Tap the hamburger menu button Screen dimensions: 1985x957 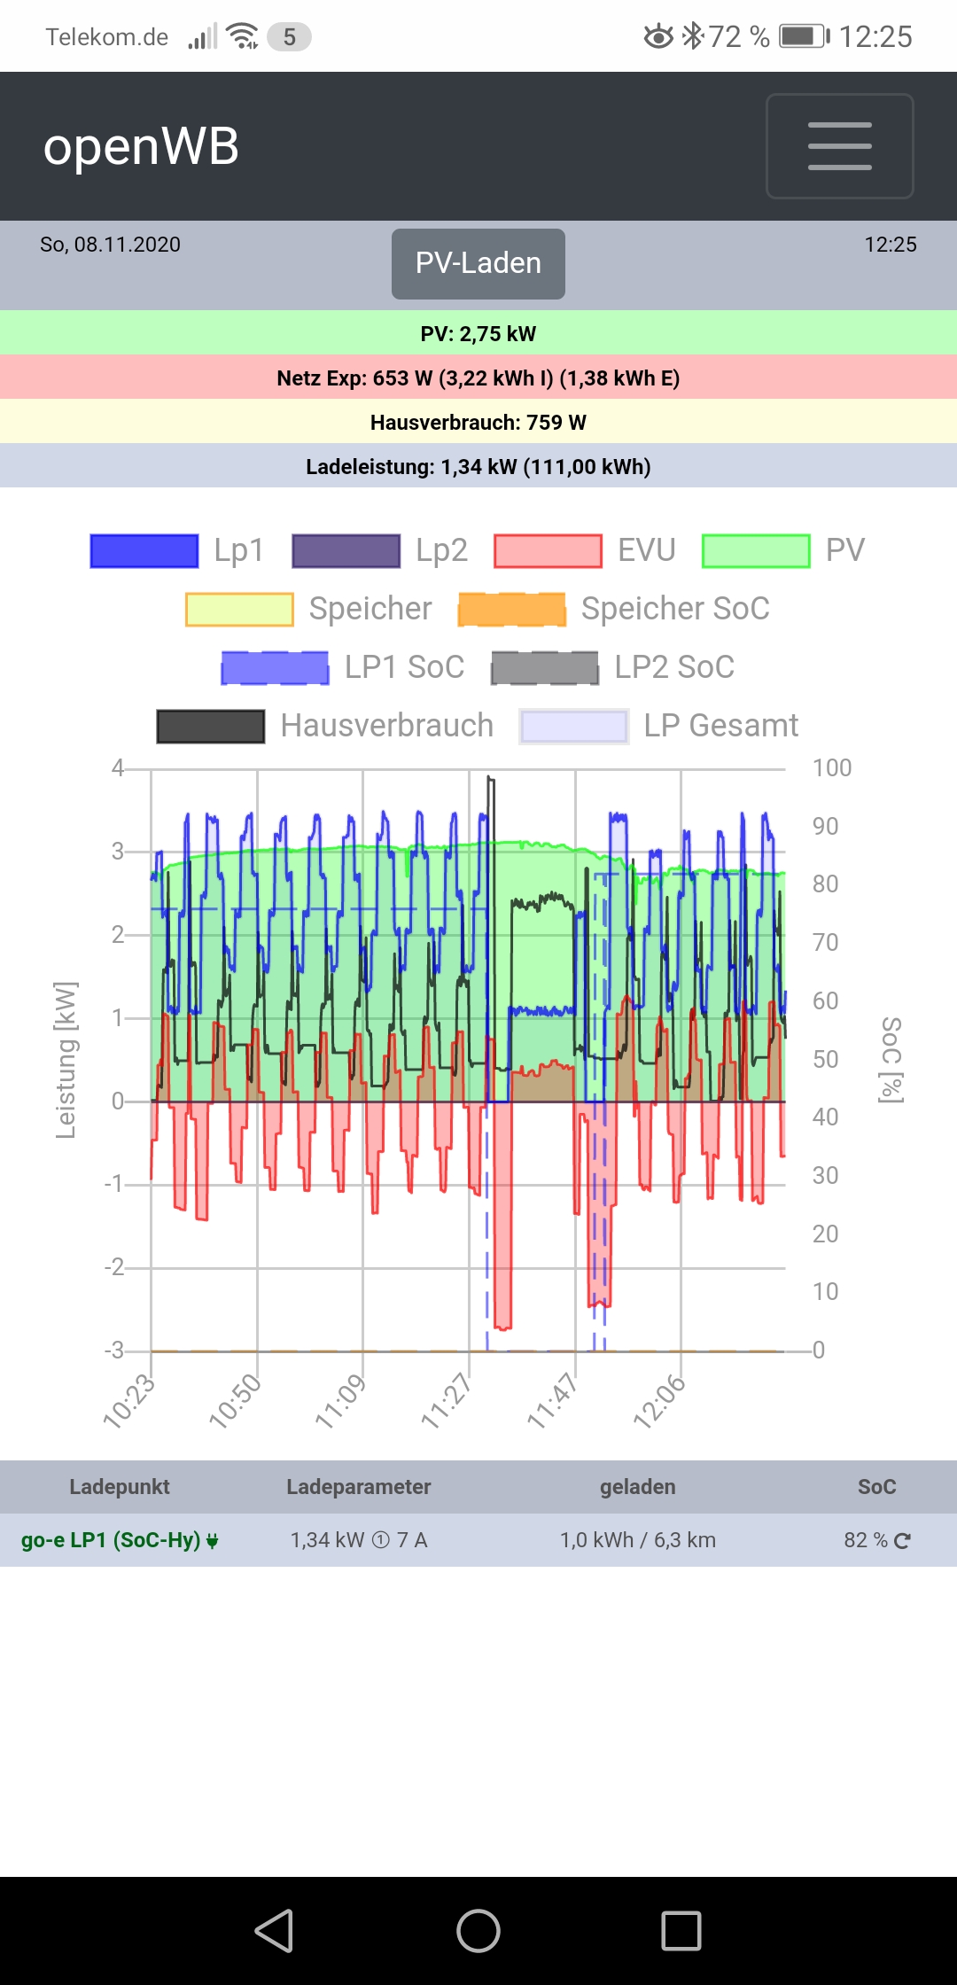[x=839, y=146]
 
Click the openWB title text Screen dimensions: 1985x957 [x=142, y=146]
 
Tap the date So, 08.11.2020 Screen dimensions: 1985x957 [x=111, y=245]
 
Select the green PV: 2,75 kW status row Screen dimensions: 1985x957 [x=478, y=334]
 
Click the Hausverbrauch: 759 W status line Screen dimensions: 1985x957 [x=478, y=423]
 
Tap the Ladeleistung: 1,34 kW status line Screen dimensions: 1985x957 [x=478, y=467]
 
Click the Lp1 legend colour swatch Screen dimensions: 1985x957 [x=144, y=550]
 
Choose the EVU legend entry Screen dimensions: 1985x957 [x=585, y=550]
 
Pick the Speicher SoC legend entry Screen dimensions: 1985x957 [x=613, y=609]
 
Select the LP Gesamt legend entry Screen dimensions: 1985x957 [x=659, y=726]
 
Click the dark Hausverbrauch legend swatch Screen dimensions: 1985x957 [x=211, y=726]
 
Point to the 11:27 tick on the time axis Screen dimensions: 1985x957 [x=447, y=1400]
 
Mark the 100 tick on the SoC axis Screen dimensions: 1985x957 [x=831, y=768]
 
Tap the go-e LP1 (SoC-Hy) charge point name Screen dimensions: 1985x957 [x=111, y=1540]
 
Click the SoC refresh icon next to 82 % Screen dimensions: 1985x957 [x=902, y=1541]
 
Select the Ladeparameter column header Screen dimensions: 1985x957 [x=359, y=1487]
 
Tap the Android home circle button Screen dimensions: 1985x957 [x=478, y=1931]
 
